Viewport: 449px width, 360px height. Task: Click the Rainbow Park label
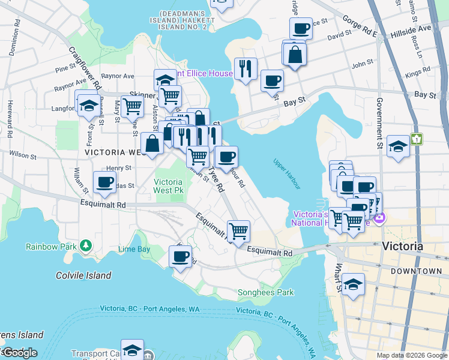pos(51,247)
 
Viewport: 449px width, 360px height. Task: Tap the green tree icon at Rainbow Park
pos(86,245)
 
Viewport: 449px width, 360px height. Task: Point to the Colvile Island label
pos(83,275)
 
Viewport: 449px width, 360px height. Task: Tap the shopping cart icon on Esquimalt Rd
pos(239,230)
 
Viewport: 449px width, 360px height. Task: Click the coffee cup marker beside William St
pos(104,182)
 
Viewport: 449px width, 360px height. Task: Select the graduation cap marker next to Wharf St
pos(354,284)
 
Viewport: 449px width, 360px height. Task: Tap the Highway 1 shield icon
pos(417,139)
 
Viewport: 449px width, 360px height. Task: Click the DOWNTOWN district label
pos(416,271)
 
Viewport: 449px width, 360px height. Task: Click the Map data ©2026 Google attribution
pos(412,355)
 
